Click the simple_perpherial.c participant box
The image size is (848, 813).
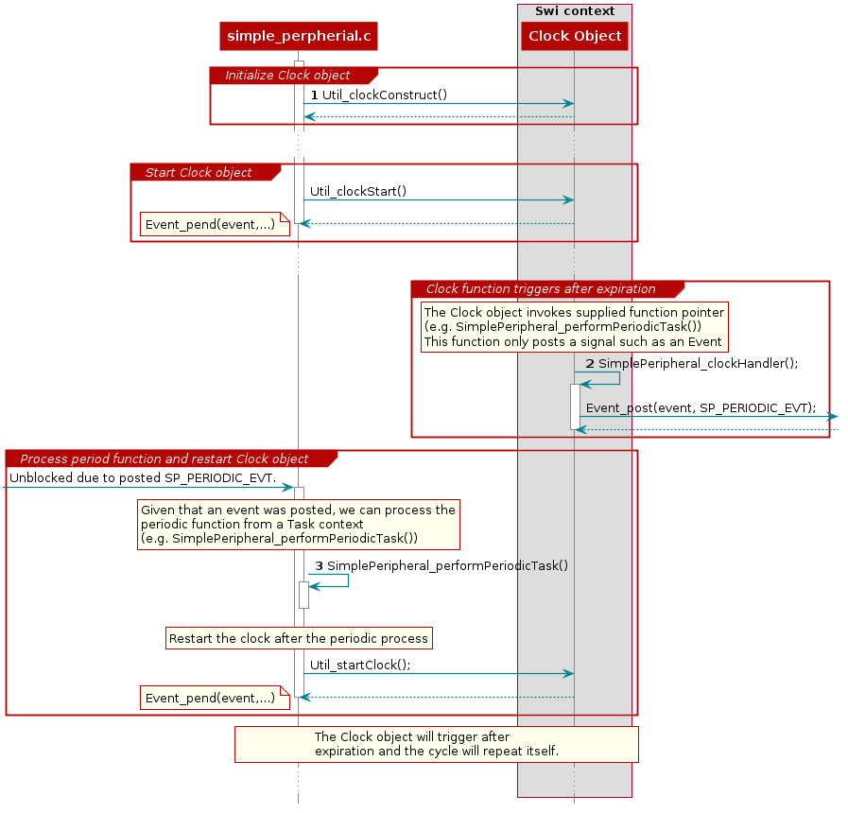coord(299,37)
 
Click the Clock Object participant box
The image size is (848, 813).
coord(575,37)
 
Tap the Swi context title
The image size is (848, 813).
coord(575,11)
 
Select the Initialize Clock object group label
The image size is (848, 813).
coord(287,76)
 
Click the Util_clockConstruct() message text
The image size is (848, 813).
coord(384,95)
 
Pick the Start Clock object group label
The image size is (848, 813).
coord(199,173)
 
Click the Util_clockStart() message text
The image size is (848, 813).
coord(358,192)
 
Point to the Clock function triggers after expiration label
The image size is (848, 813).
coord(541,289)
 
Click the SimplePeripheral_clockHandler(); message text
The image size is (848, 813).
coord(698,363)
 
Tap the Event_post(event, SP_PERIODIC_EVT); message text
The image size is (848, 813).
coord(701,408)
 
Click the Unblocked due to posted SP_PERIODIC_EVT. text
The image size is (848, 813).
coord(143,478)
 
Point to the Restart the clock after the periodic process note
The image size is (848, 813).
coord(298,638)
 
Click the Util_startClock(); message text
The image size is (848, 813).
coord(360,665)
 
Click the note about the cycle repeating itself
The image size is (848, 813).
coord(437,744)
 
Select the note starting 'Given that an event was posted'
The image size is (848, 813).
coord(298,524)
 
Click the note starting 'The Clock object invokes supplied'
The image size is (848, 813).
coord(575,327)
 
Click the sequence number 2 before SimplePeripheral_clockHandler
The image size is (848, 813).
coord(590,363)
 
